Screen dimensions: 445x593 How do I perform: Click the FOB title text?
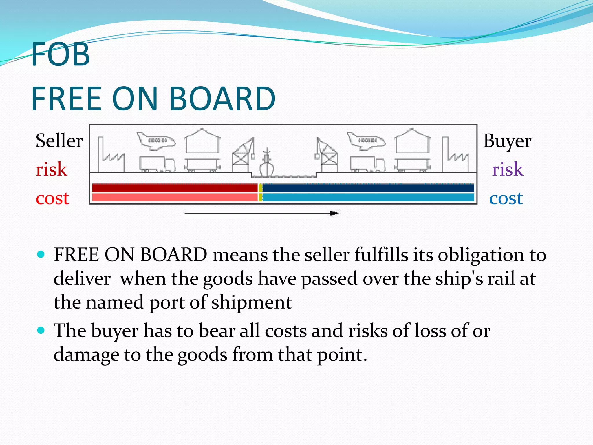point(61,54)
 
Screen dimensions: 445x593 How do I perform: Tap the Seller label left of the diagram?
point(59,141)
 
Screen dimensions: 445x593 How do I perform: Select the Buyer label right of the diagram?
point(507,141)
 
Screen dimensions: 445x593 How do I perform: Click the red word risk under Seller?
point(51,169)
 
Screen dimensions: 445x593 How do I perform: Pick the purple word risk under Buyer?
point(508,169)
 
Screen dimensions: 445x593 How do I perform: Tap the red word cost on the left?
point(52,198)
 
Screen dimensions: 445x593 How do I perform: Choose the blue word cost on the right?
point(506,198)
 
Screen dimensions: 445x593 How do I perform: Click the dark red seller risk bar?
point(175,188)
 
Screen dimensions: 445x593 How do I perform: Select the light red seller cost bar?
point(175,198)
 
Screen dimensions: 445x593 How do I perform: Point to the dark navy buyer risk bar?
point(368,188)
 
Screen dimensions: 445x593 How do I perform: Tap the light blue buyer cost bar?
point(368,198)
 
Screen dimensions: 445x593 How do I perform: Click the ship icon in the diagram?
point(267,163)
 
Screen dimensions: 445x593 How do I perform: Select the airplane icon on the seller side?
point(156,141)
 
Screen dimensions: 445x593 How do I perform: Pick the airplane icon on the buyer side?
point(367,141)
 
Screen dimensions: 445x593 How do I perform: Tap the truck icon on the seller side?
point(157,164)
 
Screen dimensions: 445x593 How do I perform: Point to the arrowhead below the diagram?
point(334,214)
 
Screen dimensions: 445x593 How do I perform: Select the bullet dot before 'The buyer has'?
point(41,330)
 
